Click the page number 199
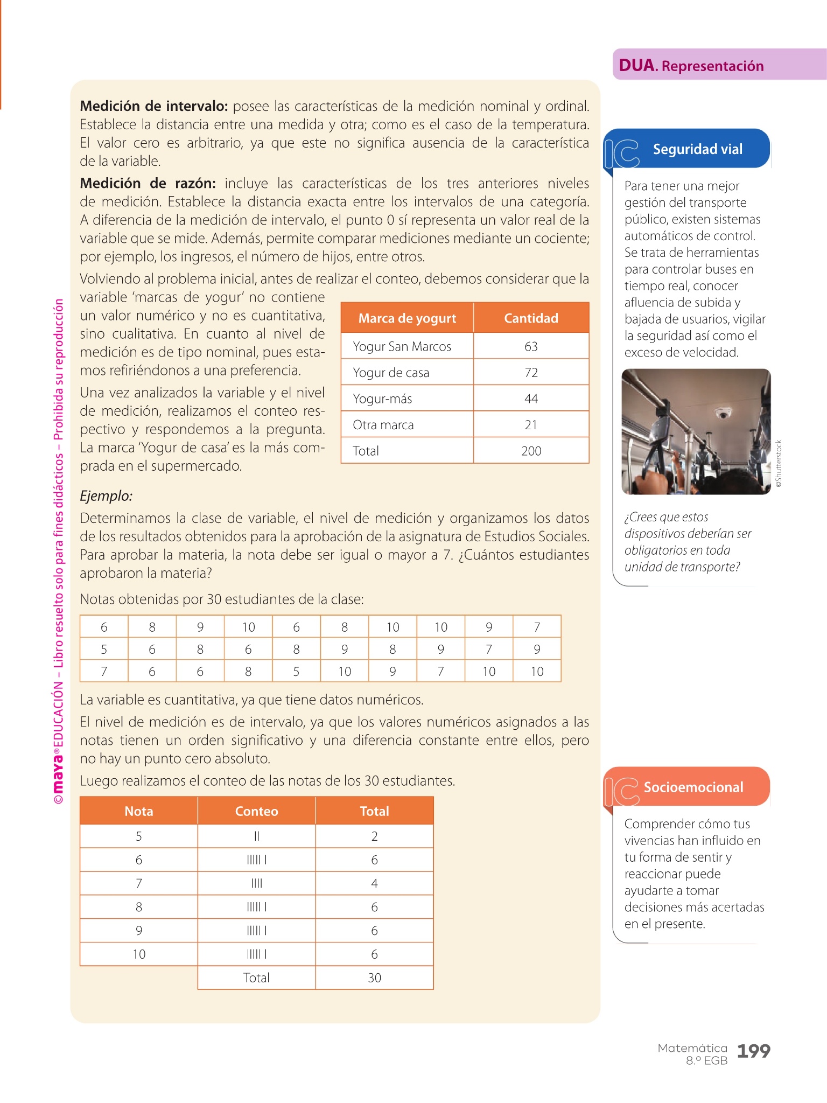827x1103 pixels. click(x=753, y=1051)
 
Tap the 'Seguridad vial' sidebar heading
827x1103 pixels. click(x=697, y=149)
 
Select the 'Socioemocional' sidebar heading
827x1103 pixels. click(x=693, y=787)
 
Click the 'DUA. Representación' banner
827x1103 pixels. click(x=691, y=66)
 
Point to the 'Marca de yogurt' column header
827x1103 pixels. click(x=407, y=318)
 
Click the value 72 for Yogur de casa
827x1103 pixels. click(x=531, y=373)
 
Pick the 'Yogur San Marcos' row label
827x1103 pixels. click(x=402, y=347)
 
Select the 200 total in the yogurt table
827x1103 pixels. click(x=531, y=451)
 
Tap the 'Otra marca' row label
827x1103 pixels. click(x=383, y=425)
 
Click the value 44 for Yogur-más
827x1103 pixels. click(x=531, y=399)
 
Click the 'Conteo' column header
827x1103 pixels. click(x=256, y=811)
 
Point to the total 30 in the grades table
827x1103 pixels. click(x=374, y=978)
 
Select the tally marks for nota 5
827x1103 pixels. click(x=256, y=836)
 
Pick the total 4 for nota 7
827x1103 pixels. click(x=374, y=884)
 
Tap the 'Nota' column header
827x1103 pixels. click(x=139, y=811)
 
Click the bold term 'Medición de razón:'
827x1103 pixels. click(x=148, y=184)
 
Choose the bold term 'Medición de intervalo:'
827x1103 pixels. click(x=154, y=106)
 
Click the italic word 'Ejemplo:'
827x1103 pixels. click(x=106, y=496)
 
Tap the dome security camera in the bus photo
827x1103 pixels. click(x=722, y=414)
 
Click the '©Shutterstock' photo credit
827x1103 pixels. click(x=779, y=464)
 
